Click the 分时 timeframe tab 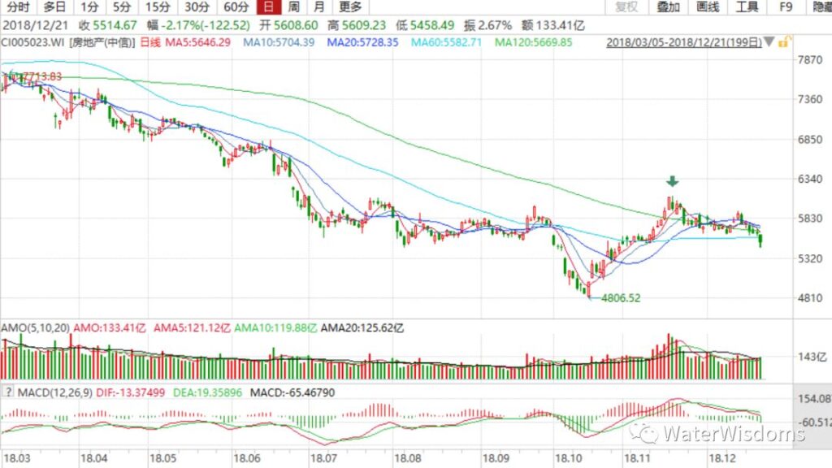tap(18, 7)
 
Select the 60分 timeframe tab tap(236, 7)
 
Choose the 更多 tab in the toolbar tap(350, 7)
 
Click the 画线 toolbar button tap(708, 7)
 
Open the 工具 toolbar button tap(747, 7)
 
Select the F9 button tap(785, 7)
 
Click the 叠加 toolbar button tap(668, 7)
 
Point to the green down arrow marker tap(674, 182)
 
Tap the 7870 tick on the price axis tap(810, 60)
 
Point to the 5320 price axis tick tap(810, 258)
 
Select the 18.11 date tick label tap(634, 459)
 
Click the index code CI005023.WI tap(32, 41)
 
